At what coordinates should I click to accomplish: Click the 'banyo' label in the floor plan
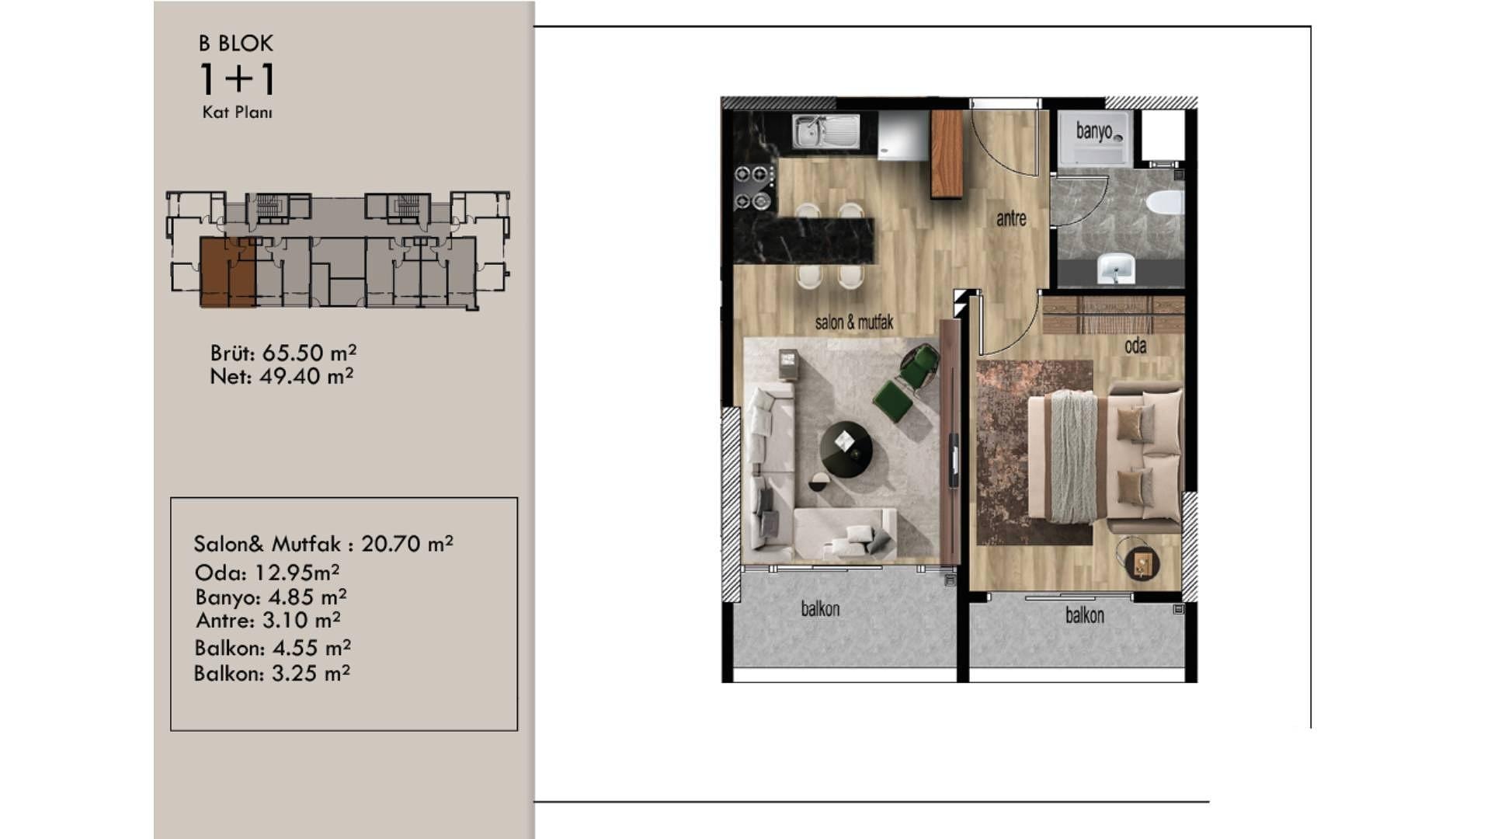pos(1093,131)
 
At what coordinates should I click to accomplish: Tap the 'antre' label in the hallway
pos(1011,219)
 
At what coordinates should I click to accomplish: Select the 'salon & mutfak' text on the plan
pos(854,322)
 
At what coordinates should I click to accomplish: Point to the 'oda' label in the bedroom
pos(1135,346)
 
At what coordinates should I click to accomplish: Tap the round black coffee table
pos(846,449)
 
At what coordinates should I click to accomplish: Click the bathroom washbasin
pos(1116,269)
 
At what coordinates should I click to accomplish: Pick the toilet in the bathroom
pos(1164,203)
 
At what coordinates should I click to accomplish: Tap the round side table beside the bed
pos(1142,562)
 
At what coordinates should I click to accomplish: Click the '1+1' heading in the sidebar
pos(237,78)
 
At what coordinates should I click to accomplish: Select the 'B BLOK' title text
pos(236,44)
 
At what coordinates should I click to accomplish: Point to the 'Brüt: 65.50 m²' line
pos(283,353)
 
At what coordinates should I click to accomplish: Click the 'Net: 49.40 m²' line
pos(282,376)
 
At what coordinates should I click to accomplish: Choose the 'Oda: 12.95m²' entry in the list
pos(267,573)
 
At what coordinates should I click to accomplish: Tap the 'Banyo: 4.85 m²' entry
pos(271,597)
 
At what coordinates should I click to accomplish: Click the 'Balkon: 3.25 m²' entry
pos(272,673)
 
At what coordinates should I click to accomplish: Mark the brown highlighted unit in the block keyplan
pos(228,272)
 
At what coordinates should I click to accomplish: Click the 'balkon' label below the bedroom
pos(1084,615)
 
